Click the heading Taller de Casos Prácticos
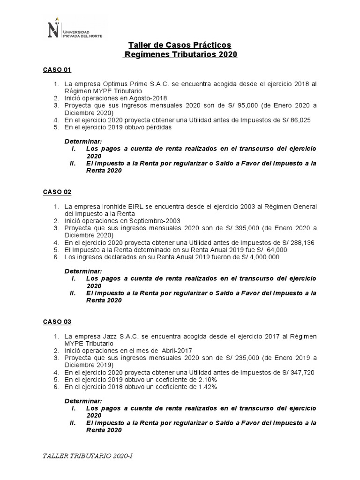coord(180,45)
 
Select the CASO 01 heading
coord(57,70)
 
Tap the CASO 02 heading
coord(57,192)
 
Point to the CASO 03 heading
coord(57,322)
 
